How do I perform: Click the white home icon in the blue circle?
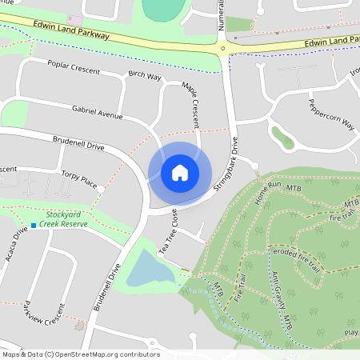(x=180, y=172)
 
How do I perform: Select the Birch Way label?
(x=145, y=76)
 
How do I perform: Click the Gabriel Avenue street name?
(x=97, y=111)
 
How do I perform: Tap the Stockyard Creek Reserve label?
(x=66, y=219)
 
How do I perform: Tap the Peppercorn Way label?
(x=331, y=112)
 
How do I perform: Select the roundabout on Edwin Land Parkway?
(x=225, y=47)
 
